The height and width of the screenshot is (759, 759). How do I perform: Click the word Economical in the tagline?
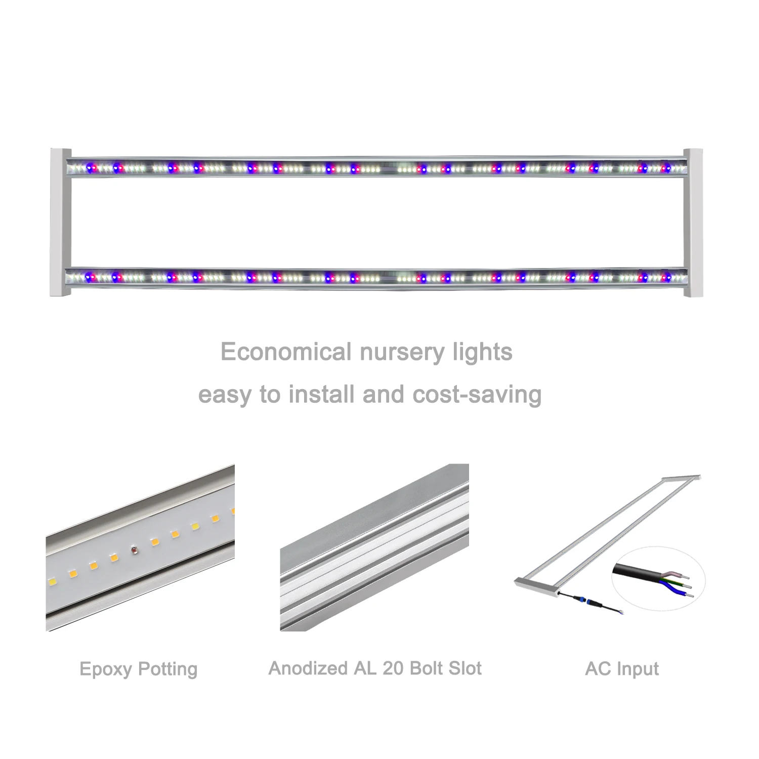pyautogui.click(x=286, y=352)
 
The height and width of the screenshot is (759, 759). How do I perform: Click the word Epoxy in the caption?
pyautogui.click(x=105, y=669)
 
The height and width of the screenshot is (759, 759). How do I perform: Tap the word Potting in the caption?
pyautogui.click(x=167, y=669)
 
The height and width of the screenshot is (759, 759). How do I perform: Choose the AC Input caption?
pyautogui.click(x=622, y=669)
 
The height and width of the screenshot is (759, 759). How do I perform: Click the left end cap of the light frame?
pyautogui.click(x=60, y=223)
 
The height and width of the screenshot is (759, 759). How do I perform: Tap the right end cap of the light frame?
pyautogui.click(x=693, y=223)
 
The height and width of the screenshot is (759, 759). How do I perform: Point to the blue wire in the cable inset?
pyautogui.click(x=673, y=587)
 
